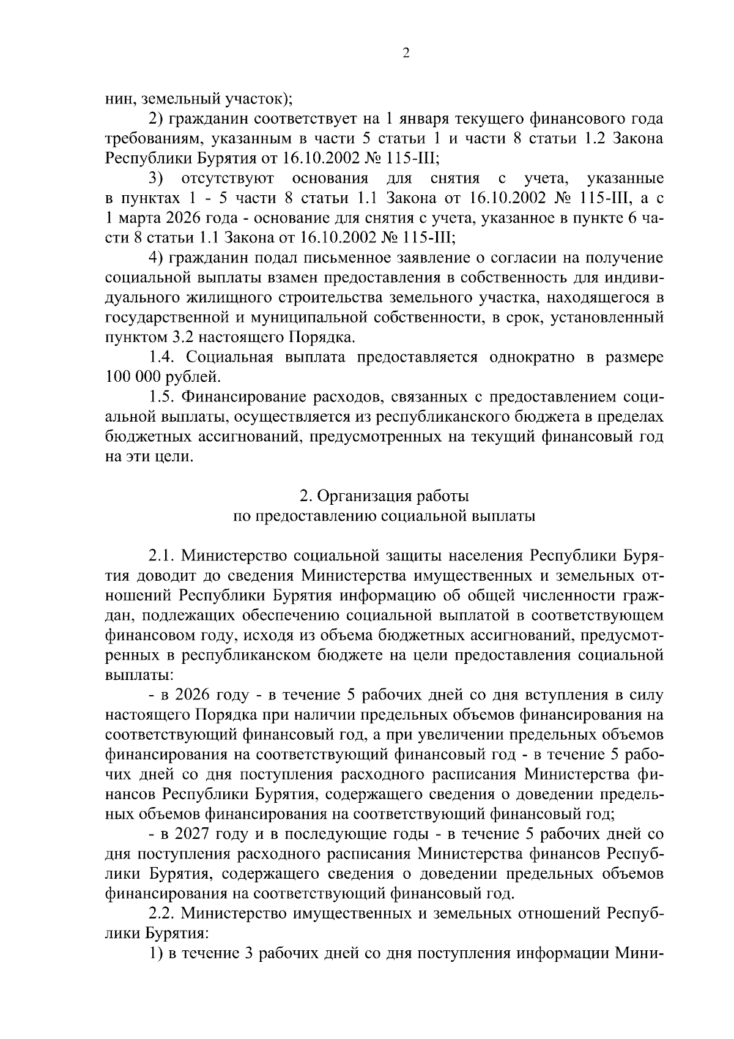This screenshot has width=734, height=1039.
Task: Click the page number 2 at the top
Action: tap(406, 53)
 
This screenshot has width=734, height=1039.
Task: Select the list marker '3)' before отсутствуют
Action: tap(157, 179)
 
